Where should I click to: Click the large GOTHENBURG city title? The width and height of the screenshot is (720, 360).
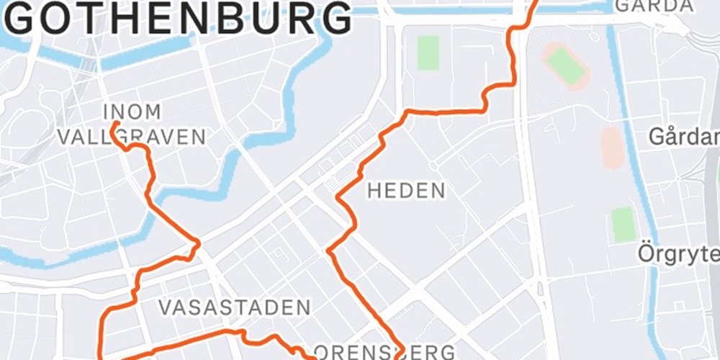coord(179,19)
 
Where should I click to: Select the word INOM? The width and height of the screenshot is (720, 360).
coord(132,112)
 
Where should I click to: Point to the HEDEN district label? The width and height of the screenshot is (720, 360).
coord(406,191)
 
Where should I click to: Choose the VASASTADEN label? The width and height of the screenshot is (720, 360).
coord(235,307)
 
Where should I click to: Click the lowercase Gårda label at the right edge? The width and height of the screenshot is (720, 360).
coord(684,136)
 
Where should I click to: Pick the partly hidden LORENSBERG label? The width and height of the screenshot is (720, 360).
coord(386,353)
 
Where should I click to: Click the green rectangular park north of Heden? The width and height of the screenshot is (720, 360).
coord(428,53)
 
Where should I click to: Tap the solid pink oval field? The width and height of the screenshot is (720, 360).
coord(611,148)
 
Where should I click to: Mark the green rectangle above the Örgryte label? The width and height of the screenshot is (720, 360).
coord(624,225)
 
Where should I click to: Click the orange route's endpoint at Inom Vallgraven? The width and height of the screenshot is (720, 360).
coord(114,124)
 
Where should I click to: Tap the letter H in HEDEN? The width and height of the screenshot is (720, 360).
coord(374,191)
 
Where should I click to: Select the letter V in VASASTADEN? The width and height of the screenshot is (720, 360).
coord(165,307)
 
